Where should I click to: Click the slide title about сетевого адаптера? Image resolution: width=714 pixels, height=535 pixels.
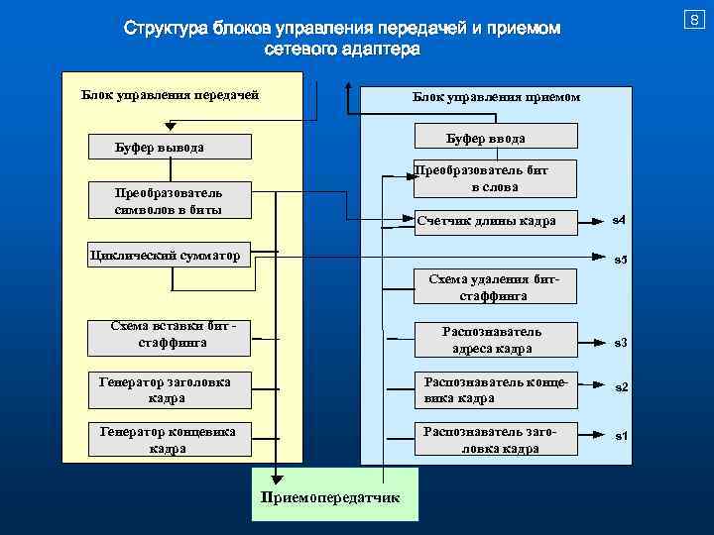click(x=342, y=38)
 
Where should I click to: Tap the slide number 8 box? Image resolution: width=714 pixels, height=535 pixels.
click(x=696, y=18)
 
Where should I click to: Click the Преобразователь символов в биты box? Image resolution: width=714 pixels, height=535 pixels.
click(x=168, y=201)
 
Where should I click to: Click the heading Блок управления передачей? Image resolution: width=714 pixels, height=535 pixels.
click(x=170, y=95)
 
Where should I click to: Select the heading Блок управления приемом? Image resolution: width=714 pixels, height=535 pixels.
click(x=496, y=98)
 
